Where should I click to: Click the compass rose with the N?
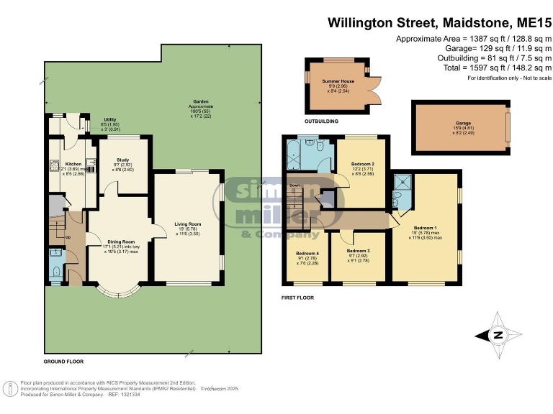[x=498, y=333]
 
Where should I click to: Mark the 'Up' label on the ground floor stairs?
[x=68, y=236]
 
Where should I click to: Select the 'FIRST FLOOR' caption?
[x=297, y=296]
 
